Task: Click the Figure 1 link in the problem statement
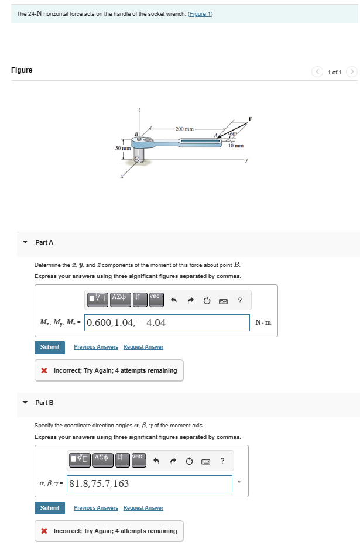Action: click(200, 14)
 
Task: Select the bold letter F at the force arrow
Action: click(251, 119)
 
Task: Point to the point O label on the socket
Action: click(138, 158)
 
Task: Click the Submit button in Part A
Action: click(50, 347)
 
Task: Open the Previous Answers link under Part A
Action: click(96, 347)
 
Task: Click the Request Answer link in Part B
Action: click(143, 508)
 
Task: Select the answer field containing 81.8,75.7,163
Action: click(152, 483)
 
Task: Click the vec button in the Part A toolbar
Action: click(155, 299)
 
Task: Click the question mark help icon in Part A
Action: click(240, 301)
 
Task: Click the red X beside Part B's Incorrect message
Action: click(44, 531)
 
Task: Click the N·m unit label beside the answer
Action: click(263, 322)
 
